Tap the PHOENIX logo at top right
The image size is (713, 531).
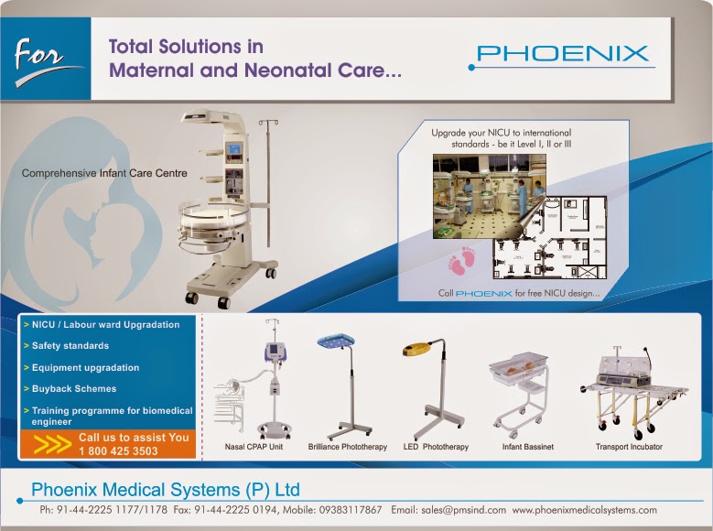[563, 53]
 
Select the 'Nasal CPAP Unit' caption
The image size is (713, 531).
[254, 447]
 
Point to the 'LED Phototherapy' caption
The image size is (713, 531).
[436, 447]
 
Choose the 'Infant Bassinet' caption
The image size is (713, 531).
[528, 447]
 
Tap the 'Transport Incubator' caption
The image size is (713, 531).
[628, 447]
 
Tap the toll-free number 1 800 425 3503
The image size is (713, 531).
[118, 451]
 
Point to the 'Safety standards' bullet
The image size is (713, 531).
[69, 346]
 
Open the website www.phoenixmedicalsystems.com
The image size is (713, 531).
[584, 510]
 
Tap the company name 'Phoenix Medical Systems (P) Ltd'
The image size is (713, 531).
[165, 488]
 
